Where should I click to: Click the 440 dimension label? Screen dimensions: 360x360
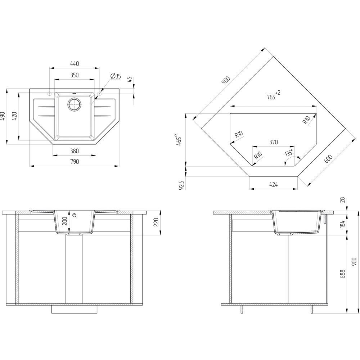click(x=75, y=63)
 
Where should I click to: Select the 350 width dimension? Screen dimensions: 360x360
click(x=75, y=75)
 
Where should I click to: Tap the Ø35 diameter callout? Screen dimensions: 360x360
click(x=116, y=76)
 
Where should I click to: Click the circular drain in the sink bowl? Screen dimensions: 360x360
click(x=74, y=104)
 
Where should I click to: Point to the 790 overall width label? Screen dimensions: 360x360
click(x=75, y=162)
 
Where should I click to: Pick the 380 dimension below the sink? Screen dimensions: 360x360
click(x=75, y=151)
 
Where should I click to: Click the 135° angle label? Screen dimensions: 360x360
click(x=289, y=153)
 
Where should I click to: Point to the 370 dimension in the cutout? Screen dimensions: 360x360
click(x=274, y=142)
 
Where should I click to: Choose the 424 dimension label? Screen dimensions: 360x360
click(x=274, y=184)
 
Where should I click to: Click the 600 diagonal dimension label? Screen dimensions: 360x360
click(x=328, y=159)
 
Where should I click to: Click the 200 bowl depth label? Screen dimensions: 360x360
click(x=65, y=221)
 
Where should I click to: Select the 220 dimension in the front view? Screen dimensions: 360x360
click(x=156, y=222)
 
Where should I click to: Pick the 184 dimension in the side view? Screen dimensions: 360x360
click(x=342, y=224)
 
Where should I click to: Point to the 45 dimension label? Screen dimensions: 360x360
click(x=130, y=80)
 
